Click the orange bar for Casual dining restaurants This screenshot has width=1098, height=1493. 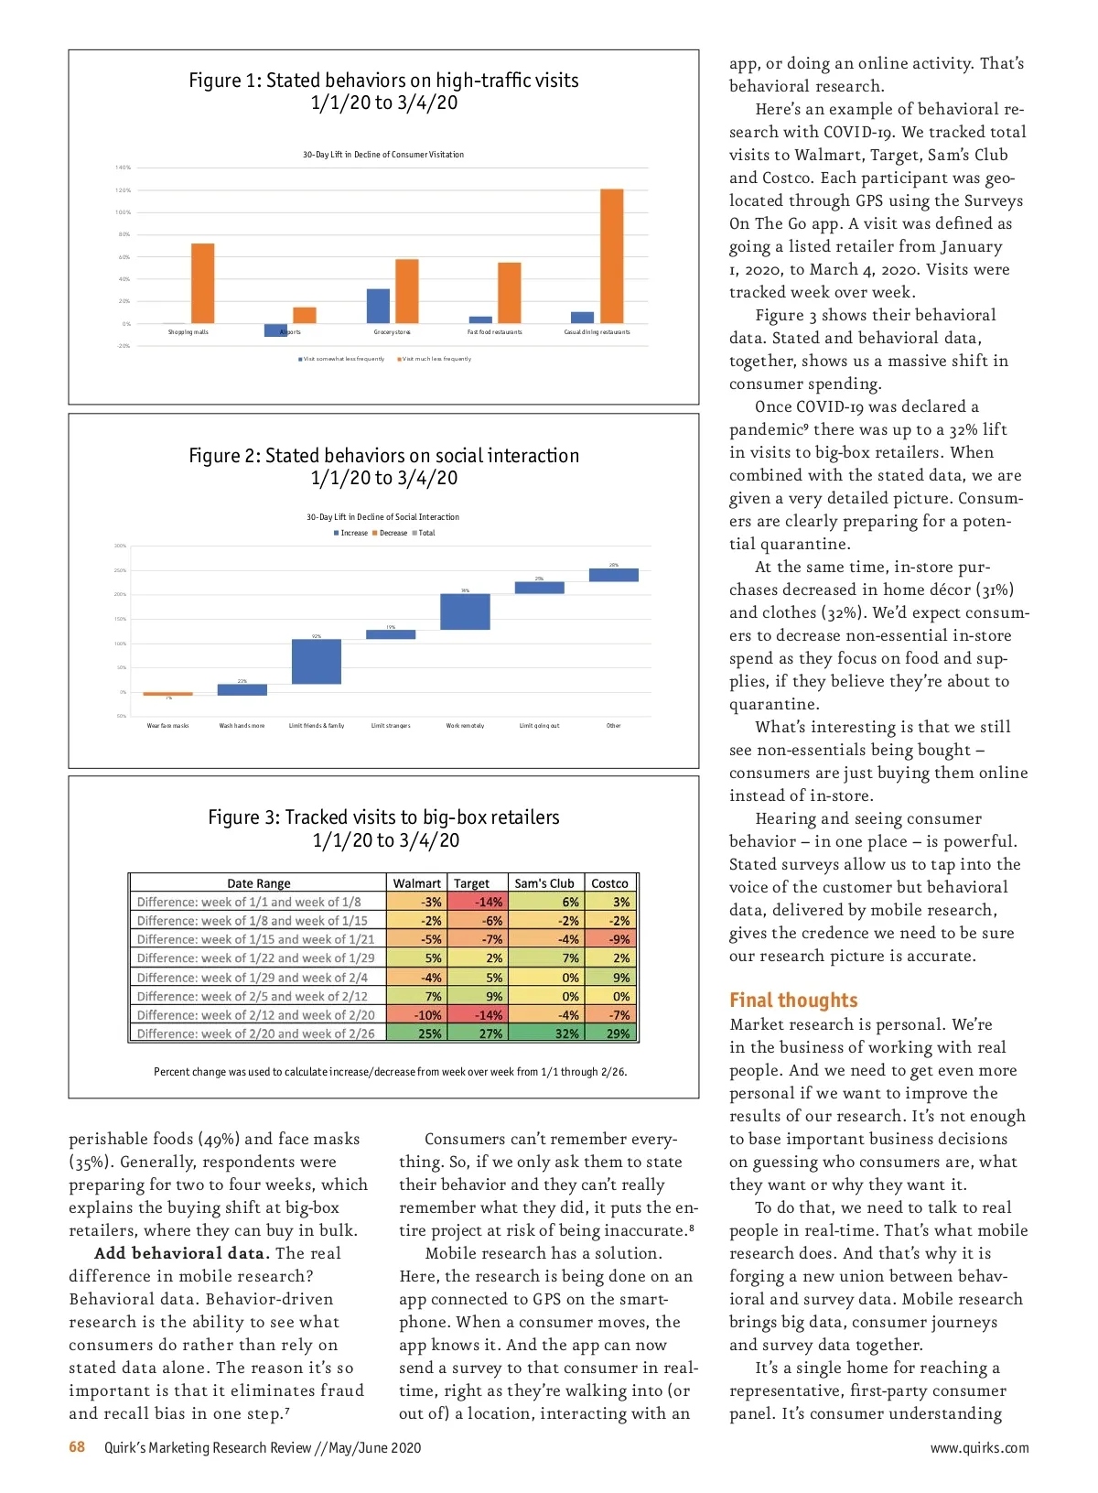pos(611,256)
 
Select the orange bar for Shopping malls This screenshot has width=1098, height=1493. pos(202,284)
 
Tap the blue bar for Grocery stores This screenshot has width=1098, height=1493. pos(378,306)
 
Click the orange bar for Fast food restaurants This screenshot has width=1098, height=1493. pos(509,293)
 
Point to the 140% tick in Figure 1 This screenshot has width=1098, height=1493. pos(123,168)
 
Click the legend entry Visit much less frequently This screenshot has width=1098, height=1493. pos(436,359)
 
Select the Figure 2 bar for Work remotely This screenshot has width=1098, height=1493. pos(465,611)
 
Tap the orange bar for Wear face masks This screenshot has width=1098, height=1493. pos(167,694)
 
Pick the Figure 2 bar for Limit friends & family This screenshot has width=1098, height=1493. pos(316,661)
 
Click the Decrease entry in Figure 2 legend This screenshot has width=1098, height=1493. pos(393,533)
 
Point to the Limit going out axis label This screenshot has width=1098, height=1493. pos(539,726)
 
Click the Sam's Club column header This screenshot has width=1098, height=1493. pos(544,883)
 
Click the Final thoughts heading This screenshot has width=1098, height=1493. pos(793,1000)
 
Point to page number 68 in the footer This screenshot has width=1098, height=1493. pos(77,1447)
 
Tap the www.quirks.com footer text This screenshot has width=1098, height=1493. pos(979,1448)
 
